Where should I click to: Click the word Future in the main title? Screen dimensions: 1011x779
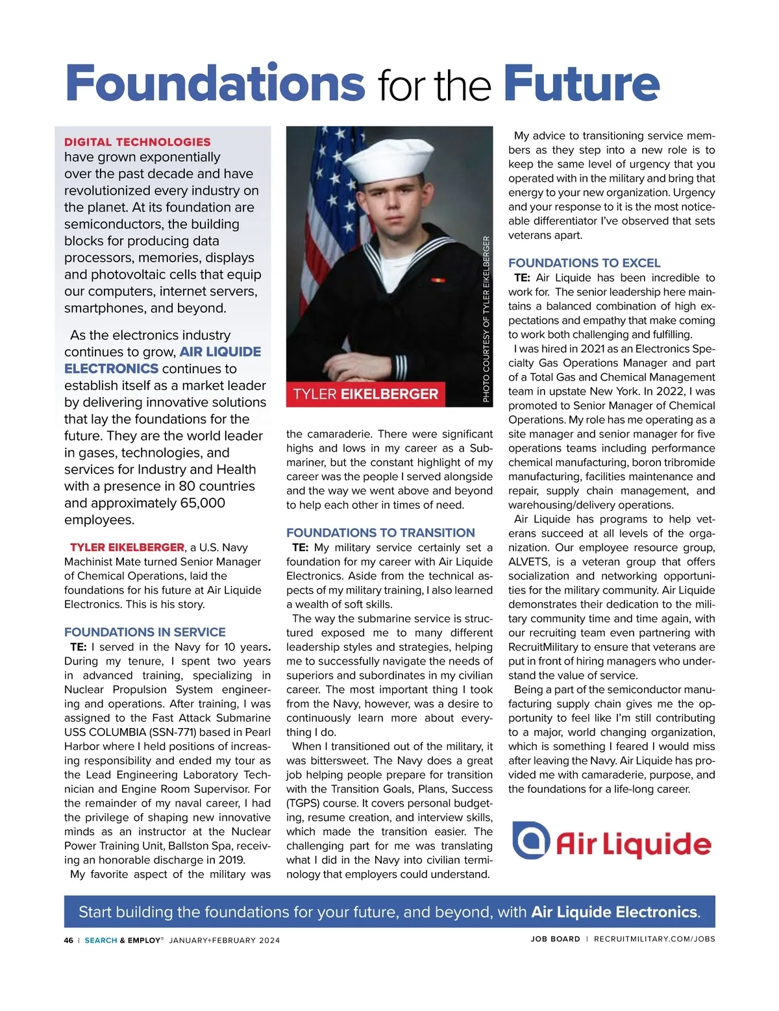tap(581, 83)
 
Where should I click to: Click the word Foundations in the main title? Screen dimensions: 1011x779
tap(215, 83)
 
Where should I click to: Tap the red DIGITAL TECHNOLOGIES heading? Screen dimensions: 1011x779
tap(137, 142)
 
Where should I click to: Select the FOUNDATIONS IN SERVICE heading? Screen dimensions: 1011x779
tap(145, 632)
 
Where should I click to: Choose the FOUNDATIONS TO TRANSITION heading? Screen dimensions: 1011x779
tap(380, 533)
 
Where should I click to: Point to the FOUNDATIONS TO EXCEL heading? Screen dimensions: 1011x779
tap(584, 263)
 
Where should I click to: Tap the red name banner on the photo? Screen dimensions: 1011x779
tap(365, 394)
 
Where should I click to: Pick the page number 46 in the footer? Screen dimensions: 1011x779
tap(69, 940)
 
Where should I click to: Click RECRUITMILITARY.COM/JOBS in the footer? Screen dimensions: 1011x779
tap(654, 939)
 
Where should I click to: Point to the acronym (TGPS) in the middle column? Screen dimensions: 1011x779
tap(302, 803)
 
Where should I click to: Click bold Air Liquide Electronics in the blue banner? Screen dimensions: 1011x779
tap(614, 912)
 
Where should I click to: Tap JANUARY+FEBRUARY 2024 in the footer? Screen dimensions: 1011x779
tap(224, 940)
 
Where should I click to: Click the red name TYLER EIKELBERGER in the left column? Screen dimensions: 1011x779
tap(127, 547)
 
